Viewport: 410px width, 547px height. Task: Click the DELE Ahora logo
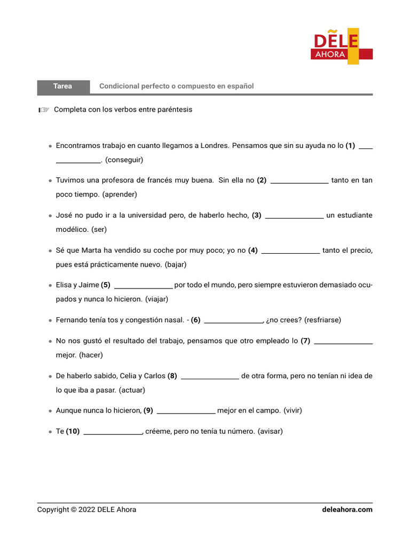coord(342,47)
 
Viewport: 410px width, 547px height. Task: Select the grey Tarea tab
coord(62,86)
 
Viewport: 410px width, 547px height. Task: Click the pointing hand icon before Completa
coord(43,110)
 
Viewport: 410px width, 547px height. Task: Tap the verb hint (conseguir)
coord(124,160)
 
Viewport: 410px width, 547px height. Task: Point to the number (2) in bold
coord(262,181)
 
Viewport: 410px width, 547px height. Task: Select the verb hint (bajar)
coord(176,264)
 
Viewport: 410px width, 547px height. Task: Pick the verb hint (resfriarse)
coord(322,320)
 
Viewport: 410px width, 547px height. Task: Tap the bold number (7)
coord(305,341)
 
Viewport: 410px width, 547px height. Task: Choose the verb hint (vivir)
coord(293,410)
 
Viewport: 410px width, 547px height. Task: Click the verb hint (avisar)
coord(270,431)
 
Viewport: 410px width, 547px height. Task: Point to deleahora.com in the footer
coord(348,510)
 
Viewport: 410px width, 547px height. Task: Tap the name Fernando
coord(72,320)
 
